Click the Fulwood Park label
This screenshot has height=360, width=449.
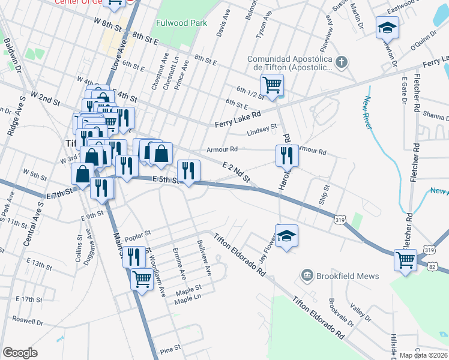click(x=181, y=23)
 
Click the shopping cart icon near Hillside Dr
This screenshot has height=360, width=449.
click(x=405, y=260)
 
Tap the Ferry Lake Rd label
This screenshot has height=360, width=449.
click(x=238, y=119)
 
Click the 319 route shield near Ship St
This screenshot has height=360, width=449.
click(x=340, y=220)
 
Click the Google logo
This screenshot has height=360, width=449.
click(x=20, y=353)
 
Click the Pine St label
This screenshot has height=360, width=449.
click(x=170, y=348)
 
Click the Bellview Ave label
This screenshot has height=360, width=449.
click(x=204, y=258)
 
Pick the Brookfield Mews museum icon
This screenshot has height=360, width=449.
click(x=307, y=275)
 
